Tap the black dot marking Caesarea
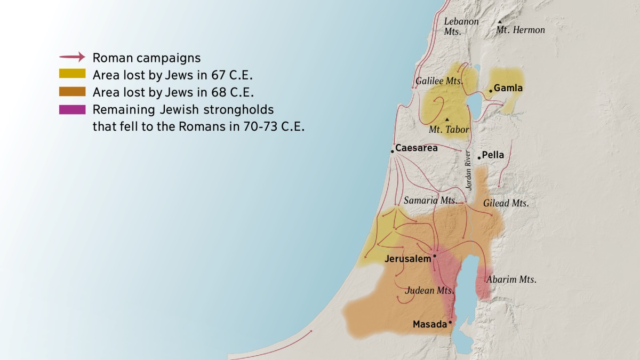392,151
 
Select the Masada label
429,324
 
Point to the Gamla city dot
491,91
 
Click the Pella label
493,156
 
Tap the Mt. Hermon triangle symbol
500,22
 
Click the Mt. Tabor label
449,130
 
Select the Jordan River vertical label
468,171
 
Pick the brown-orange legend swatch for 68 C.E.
72,92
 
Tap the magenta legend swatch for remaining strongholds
72,109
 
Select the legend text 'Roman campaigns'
146,58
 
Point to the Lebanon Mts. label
461,26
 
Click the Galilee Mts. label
439,81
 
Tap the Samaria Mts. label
430,201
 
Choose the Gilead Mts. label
506,203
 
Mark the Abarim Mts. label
511,279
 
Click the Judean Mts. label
429,291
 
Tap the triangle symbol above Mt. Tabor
446,119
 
